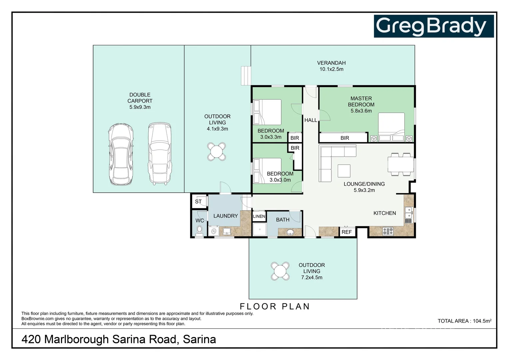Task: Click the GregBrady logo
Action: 433,26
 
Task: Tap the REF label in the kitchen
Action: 346,232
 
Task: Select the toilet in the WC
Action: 199,230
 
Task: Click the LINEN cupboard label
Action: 259,216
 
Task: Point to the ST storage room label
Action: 198,201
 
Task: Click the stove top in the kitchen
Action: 388,231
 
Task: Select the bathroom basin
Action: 290,232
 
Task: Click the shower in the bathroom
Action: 259,229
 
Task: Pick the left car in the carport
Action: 121,154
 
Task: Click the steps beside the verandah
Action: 246,76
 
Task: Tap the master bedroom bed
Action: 391,127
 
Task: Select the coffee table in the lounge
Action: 344,171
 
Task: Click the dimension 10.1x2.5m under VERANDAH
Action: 331,69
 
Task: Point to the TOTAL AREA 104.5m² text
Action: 464,321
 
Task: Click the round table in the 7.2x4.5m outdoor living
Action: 280,271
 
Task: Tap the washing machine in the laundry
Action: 214,231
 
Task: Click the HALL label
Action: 310,120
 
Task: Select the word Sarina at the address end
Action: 199,339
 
